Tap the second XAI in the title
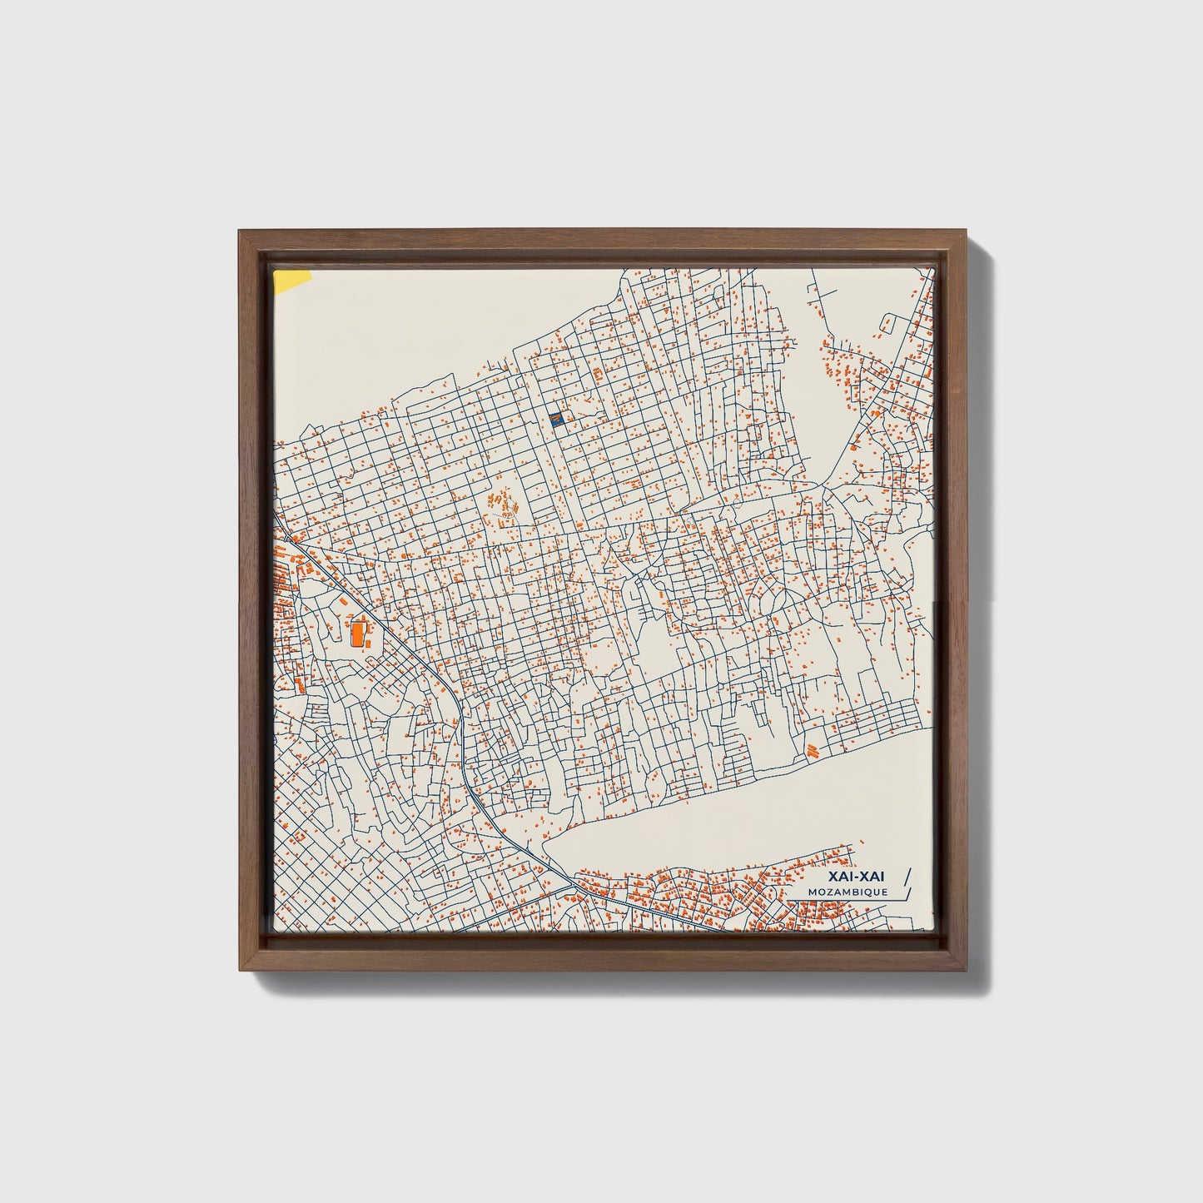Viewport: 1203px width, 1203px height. (874, 876)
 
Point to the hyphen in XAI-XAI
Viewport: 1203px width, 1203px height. (858, 877)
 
